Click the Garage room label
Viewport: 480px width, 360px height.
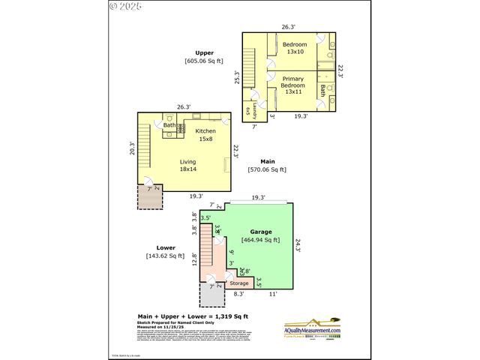tap(261, 232)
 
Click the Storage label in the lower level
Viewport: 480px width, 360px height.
tap(238, 283)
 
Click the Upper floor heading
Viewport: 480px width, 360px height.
tap(204, 52)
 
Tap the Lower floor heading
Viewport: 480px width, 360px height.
tap(166, 247)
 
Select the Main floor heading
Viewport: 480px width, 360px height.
tap(267, 161)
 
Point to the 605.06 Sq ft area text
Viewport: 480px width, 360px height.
tap(204, 61)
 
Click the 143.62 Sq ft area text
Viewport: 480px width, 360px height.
tap(166, 256)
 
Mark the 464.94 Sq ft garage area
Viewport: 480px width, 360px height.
tap(261, 240)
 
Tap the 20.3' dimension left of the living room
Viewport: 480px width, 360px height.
tap(132, 150)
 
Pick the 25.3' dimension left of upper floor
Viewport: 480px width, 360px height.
tap(237, 77)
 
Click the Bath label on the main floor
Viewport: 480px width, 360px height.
tap(169, 125)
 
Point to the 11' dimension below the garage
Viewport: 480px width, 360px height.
tap(274, 294)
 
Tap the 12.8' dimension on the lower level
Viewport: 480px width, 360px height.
tap(193, 259)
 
